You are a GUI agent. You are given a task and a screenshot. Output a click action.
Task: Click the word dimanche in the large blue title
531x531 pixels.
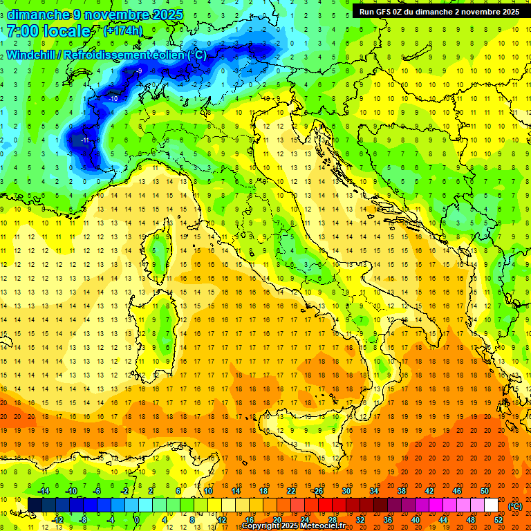pos(38,15)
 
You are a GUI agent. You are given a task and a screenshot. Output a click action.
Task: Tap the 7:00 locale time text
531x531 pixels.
pos(49,31)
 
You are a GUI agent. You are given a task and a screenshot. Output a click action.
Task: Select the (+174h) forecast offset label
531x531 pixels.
pos(123,31)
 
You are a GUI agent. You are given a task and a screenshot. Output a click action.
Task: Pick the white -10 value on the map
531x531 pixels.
pos(113,99)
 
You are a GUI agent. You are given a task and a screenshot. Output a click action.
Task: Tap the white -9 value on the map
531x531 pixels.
pos(138,71)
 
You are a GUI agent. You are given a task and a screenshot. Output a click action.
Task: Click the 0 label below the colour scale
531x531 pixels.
pos(137,520)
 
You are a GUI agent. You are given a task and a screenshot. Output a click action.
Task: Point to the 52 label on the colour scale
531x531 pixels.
pos(499,520)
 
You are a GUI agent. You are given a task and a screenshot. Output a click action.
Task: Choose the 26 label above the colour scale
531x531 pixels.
pos(318,491)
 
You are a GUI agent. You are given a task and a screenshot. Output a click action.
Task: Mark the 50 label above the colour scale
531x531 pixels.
pos(485,491)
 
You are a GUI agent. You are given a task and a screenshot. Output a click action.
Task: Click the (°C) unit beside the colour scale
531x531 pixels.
pos(515,506)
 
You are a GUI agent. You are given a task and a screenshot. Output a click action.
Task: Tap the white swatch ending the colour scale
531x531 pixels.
pos(491,505)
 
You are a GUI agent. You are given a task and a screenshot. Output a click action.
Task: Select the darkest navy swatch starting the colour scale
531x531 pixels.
pos(35,505)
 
